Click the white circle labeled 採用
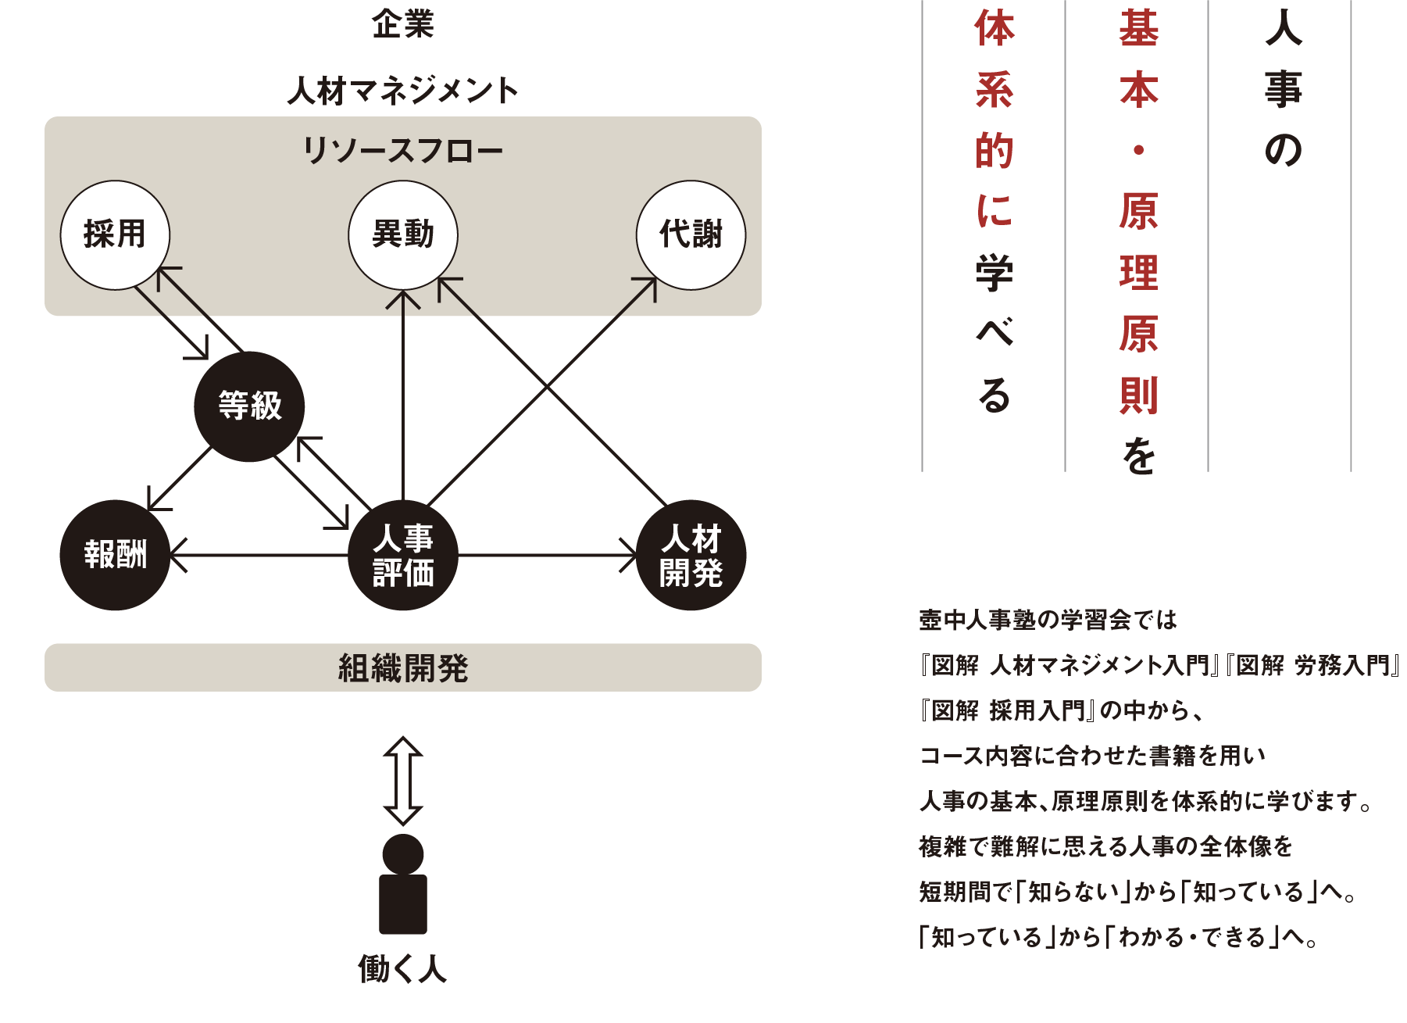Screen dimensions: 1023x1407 tap(115, 234)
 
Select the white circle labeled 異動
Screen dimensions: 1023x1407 tap(403, 234)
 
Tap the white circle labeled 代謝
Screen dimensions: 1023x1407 tap(691, 234)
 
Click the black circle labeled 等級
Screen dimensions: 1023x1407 tap(249, 406)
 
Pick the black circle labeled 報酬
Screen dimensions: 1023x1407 tap(115, 555)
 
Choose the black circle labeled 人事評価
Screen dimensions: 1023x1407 tap(403, 555)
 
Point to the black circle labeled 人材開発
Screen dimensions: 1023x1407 tap(691, 555)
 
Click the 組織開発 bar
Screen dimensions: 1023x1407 tap(403, 668)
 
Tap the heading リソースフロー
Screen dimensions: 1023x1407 tap(403, 150)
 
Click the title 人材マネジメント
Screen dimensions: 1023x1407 tap(403, 91)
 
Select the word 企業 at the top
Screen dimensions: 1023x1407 tap(403, 23)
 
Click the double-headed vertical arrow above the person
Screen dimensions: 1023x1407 tap(403, 781)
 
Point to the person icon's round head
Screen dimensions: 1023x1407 tap(403, 854)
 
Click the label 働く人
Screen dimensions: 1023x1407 tap(403, 969)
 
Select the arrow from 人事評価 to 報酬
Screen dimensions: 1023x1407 tap(258, 555)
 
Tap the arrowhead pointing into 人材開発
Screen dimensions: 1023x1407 tap(630, 555)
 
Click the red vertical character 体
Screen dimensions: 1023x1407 tap(995, 29)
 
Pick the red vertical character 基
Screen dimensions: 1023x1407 tap(1138, 29)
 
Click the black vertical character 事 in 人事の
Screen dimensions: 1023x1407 tap(1283, 89)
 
